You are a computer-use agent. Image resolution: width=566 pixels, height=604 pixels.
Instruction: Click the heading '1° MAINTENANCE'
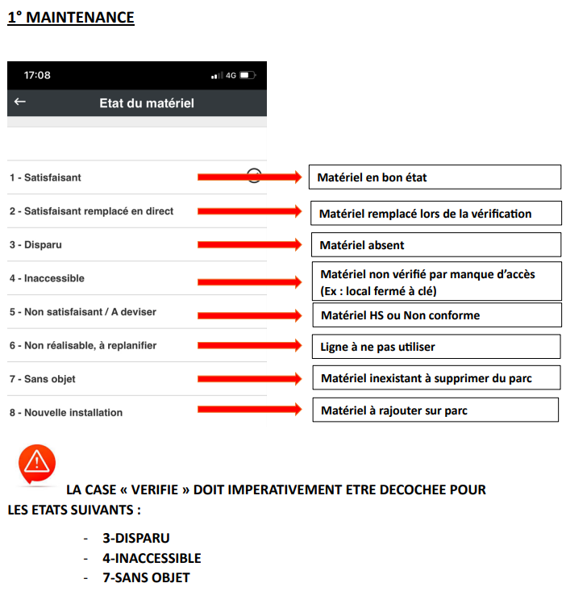click(x=71, y=17)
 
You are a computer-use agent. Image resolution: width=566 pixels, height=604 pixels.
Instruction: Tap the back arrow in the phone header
click(x=20, y=102)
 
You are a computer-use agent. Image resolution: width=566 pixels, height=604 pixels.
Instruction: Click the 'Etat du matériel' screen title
click(x=146, y=103)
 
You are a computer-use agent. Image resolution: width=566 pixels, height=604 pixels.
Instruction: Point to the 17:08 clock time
click(x=37, y=75)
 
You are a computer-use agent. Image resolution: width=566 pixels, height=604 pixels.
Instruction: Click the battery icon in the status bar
click(x=246, y=75)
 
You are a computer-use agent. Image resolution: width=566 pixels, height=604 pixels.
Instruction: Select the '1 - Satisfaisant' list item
click(x=45, y=177)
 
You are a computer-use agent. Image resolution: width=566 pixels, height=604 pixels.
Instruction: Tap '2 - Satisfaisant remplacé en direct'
click(x=91, y=211)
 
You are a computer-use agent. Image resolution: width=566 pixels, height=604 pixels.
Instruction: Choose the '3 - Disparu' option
click(x=36, y=244)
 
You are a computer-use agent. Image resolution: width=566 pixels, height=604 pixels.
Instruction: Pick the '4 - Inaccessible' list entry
click(x=47, y=278)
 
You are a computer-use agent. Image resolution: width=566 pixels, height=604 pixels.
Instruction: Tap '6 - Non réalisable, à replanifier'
click(x=83, y=345)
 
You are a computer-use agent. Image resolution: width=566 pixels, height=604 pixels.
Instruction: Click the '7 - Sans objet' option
click(x=43, y=379)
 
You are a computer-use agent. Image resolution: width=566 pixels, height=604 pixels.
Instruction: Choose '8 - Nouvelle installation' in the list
click(x=66, y=413)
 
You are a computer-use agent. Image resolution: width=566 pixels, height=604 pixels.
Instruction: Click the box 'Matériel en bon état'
click(x=435, y=177)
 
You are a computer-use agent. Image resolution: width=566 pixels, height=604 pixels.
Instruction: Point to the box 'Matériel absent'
click(x=435, y=244)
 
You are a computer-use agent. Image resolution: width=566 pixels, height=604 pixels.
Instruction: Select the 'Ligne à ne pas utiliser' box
click(x=435, y=346)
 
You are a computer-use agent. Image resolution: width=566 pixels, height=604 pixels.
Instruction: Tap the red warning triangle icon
click(x=36, y=463)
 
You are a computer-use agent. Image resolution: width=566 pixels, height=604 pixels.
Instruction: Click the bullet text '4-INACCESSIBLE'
click(x=152, y=558)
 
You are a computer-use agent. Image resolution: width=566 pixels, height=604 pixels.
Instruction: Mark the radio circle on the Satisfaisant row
click(x=254, y=176)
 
